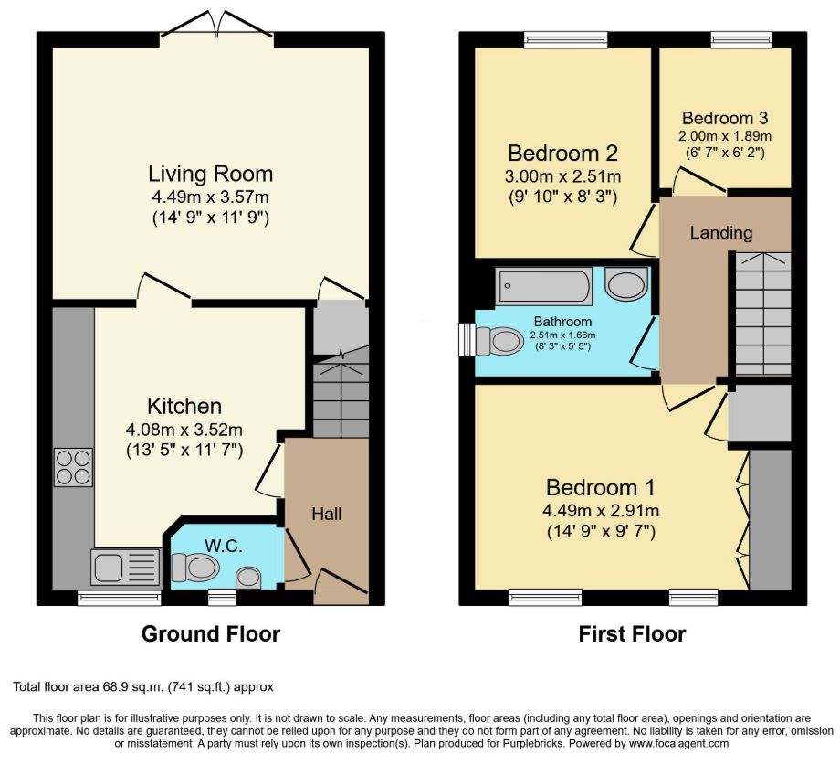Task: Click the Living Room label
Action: point(211,174)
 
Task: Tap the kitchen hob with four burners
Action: point(73,467)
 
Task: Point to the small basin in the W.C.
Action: point(248,579)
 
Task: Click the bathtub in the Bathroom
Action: point(544,287)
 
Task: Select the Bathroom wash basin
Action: point(626,283)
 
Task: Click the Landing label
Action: point(721,233)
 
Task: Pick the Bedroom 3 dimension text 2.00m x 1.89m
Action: point(725,135)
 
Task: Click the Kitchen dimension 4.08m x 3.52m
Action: point(184,430)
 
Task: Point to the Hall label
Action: point(327,514)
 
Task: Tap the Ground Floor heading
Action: point(211,634)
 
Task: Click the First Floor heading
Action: point(632,634)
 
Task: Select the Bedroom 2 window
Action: point(566,39)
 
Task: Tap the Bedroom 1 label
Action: point(601,487)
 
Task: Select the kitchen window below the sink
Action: point(119,599)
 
